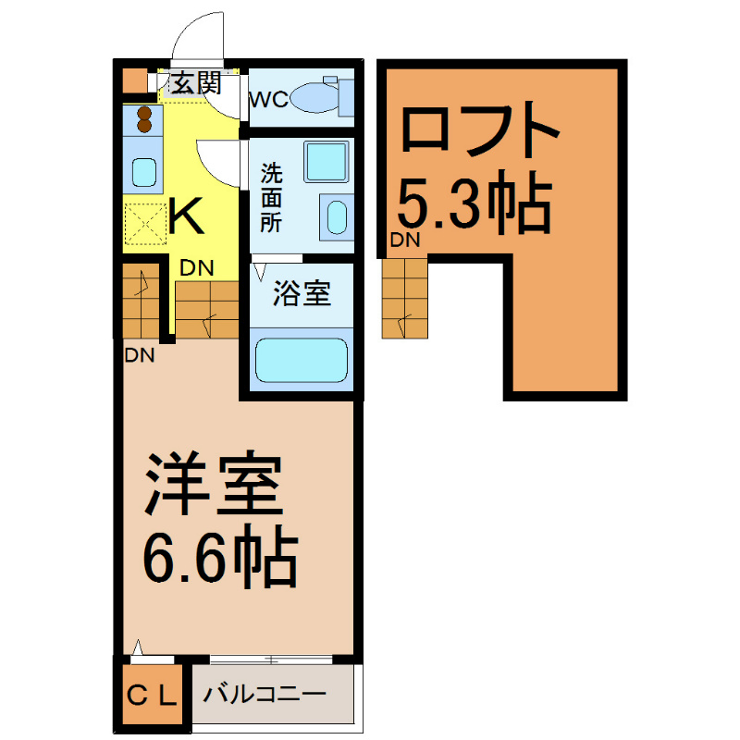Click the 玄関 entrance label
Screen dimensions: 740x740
pyautogui.click(x=195, y=84)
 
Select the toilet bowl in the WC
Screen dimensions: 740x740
pyautogui.click(x=314, y=96)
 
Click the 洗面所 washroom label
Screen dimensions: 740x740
pyautogui.click(x=270, y=197)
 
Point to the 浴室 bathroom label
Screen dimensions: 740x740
pyautogui.click(x=301, y=296)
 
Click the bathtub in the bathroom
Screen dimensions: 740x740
pyautogui.click(x=300, y=360)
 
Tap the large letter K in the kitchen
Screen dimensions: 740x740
pyautogui.click(x=186, y=219)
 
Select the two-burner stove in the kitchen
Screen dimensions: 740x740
pyautogui.click(x=144, y=119)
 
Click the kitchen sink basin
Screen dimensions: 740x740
pyautogui.click(x=143, y=172)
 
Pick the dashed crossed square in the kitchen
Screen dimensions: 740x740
pyautogui.click(x=143, y=221)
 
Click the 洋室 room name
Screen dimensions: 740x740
pyautogui.click(x=212, y=486)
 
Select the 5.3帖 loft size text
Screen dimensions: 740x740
pyautogui.click(x=474, y=202)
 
